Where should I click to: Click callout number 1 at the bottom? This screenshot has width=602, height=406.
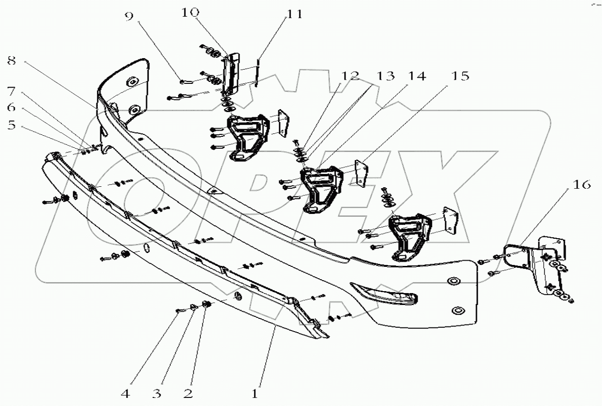tap(255, 394)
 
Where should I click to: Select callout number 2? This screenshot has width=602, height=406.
tap(188, 394)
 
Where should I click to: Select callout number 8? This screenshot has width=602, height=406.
tap(12, 61)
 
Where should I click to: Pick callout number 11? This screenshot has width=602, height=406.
tap(294, 14)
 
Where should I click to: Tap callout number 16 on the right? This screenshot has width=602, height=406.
tap(581, 184)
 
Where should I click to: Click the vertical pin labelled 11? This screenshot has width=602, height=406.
tap(257, 72)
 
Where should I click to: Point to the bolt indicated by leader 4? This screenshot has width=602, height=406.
tap(178, 311)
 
